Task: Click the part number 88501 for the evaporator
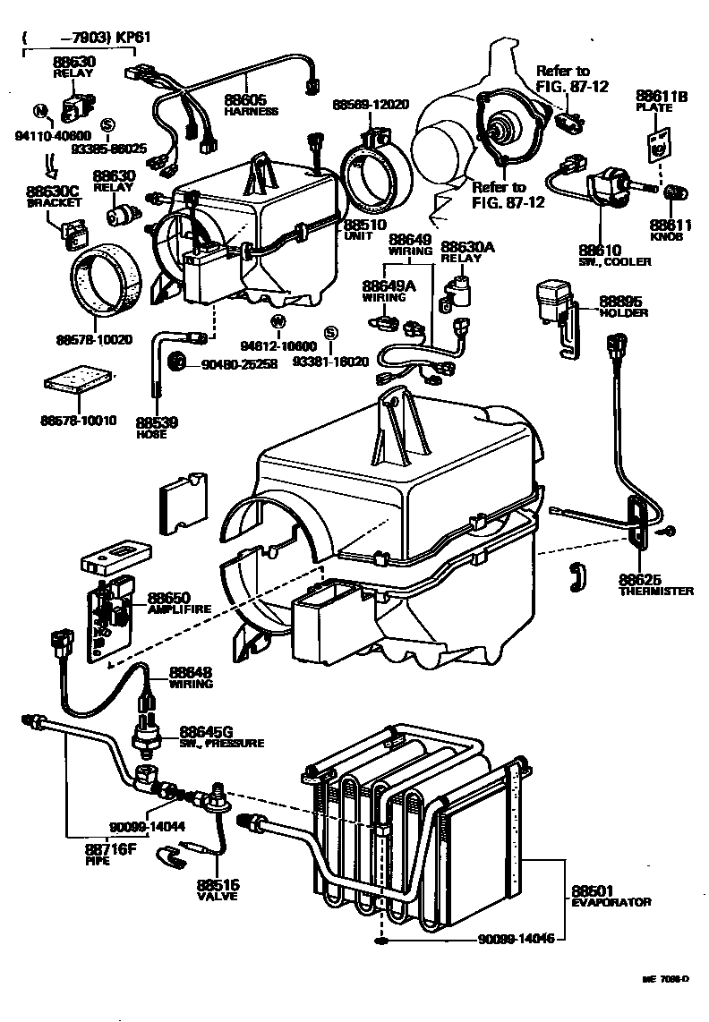(592, 890)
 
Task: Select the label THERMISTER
(656, 592)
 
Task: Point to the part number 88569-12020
(371, 104)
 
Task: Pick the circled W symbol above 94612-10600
(278, 321)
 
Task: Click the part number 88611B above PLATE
(662, 95)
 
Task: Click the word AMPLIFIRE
(180, 609)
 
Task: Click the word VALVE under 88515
(217, 896)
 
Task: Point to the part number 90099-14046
(517, 939)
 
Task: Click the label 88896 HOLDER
(624, 307)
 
